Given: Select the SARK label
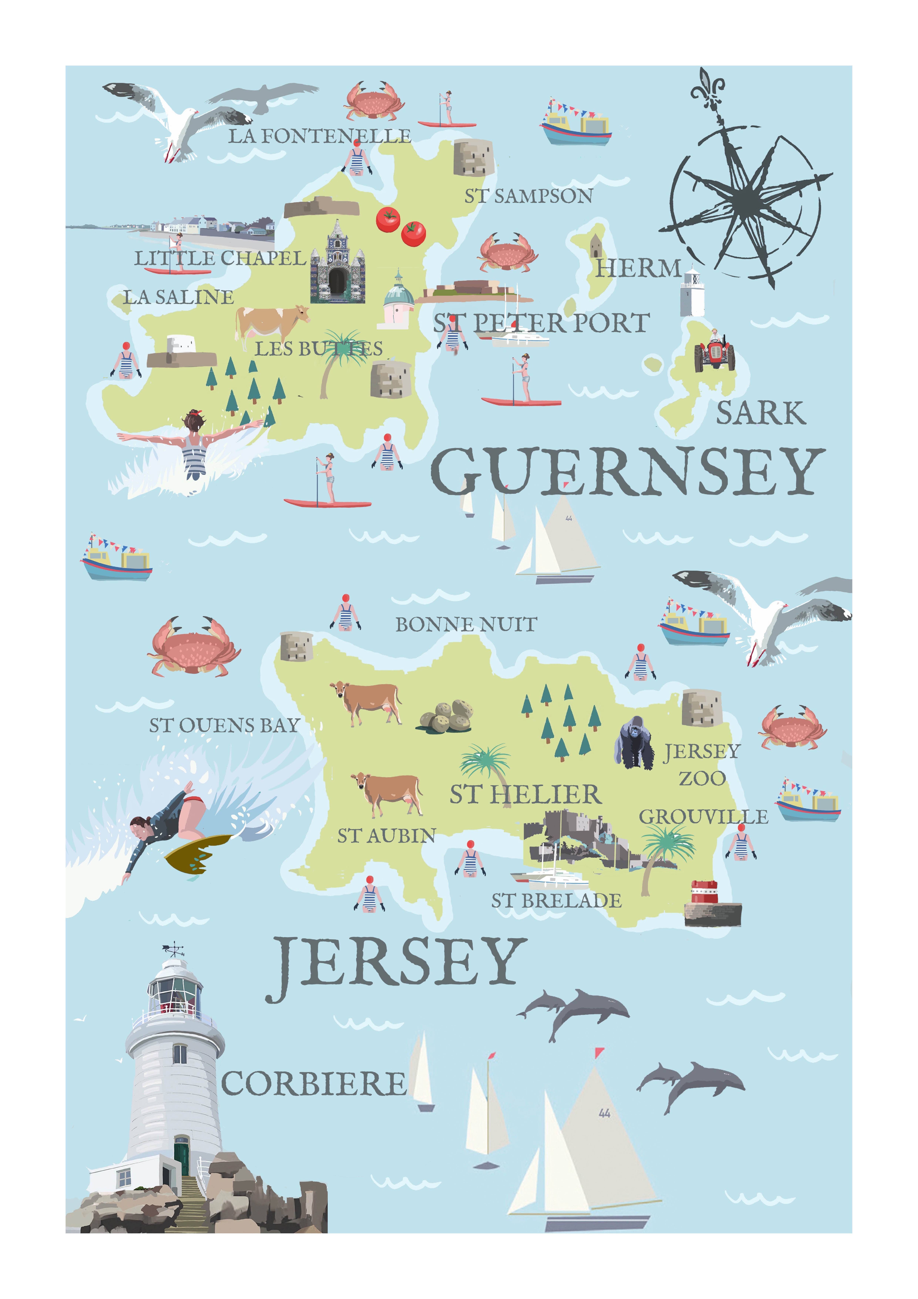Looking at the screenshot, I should click(x=760, y=414).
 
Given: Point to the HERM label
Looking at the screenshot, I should click(x=638, y=268).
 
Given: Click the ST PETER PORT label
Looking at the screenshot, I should click(x=541, y=323).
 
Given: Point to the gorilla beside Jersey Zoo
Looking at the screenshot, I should click(x=634, y=743).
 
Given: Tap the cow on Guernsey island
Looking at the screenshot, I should click(x=271, y=324).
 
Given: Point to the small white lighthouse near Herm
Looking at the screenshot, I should click(x=692, y=293).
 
